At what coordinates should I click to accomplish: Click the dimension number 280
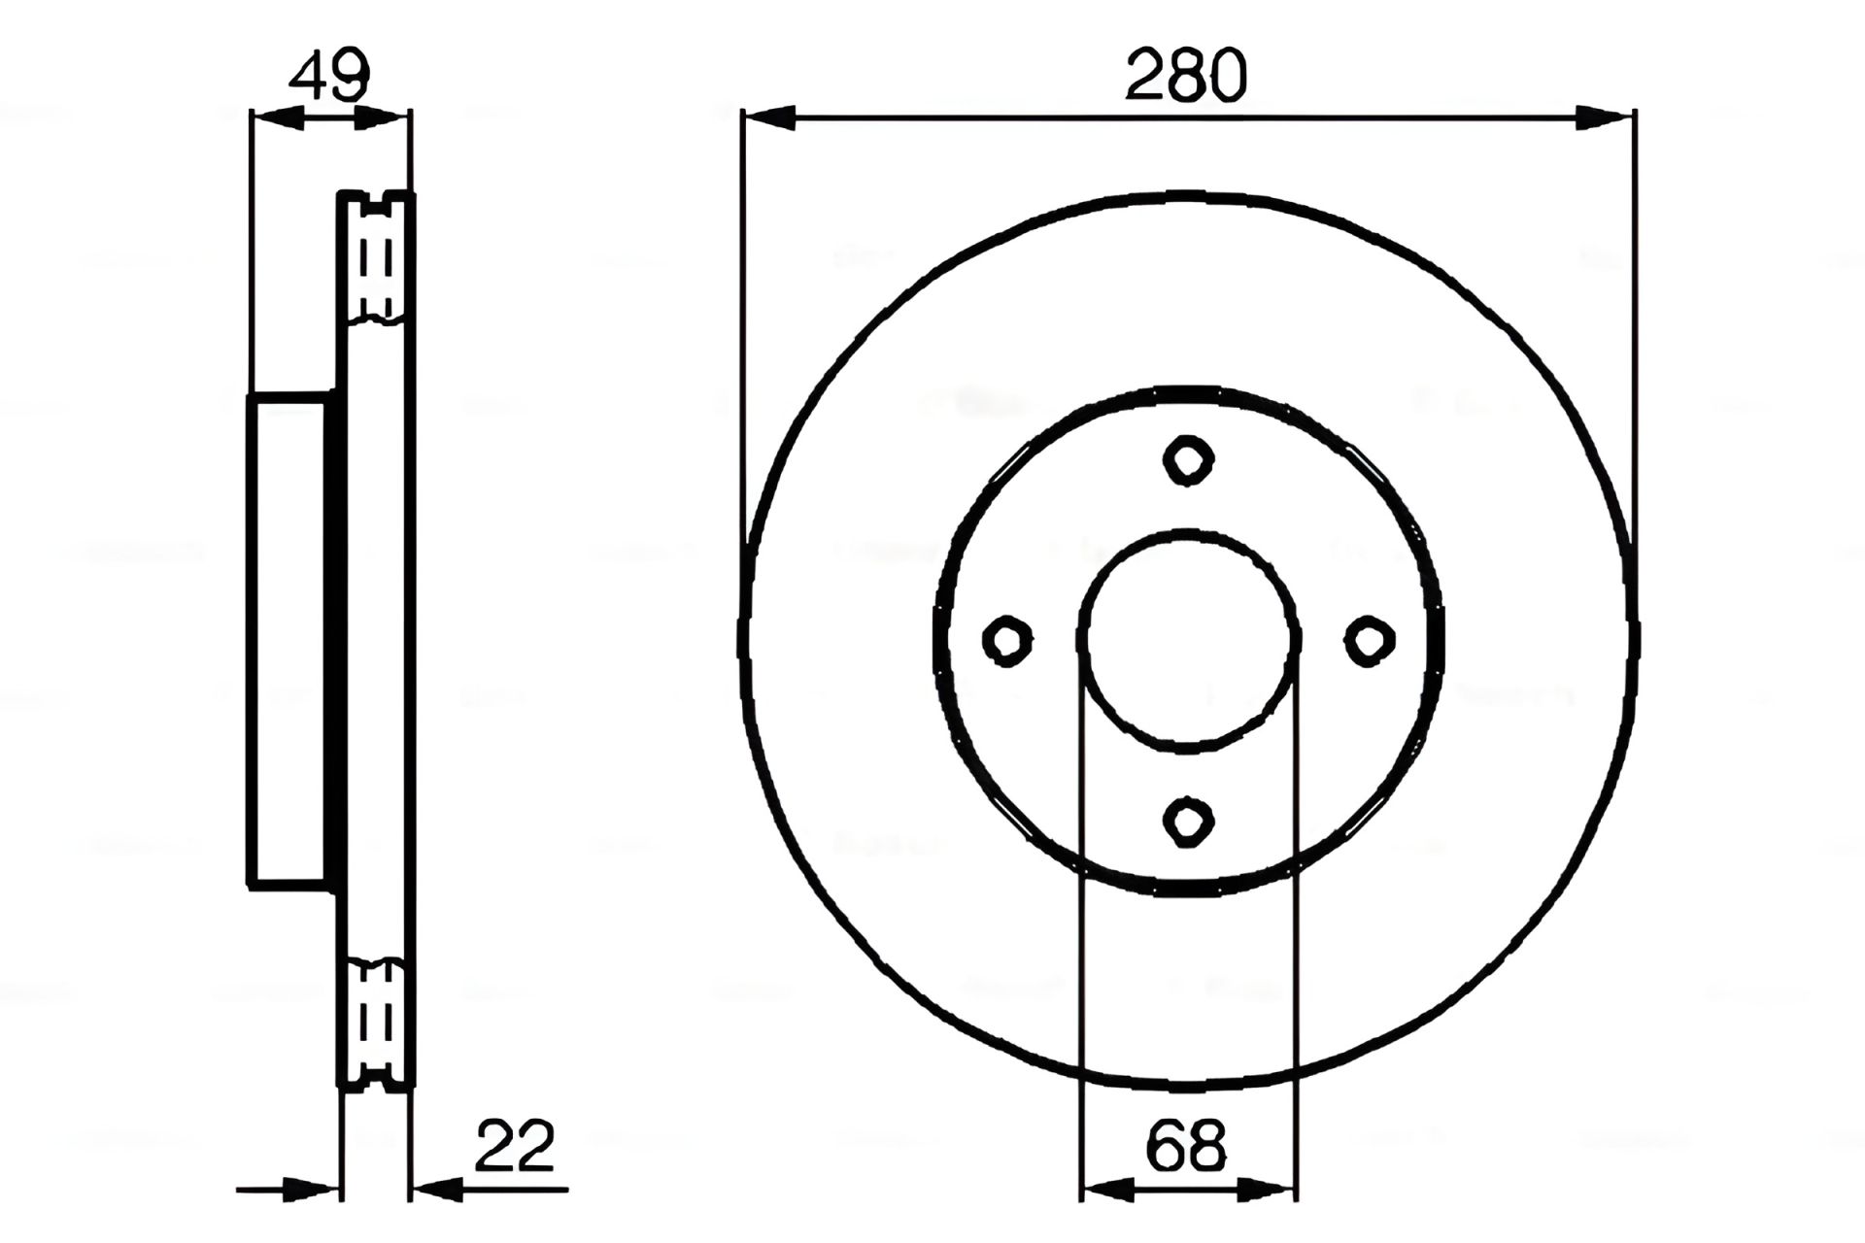1185,76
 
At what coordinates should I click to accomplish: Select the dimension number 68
1186,1146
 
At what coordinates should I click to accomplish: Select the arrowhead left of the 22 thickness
311,1188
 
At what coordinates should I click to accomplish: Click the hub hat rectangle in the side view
289,641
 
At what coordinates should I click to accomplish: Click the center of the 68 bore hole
1189,641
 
